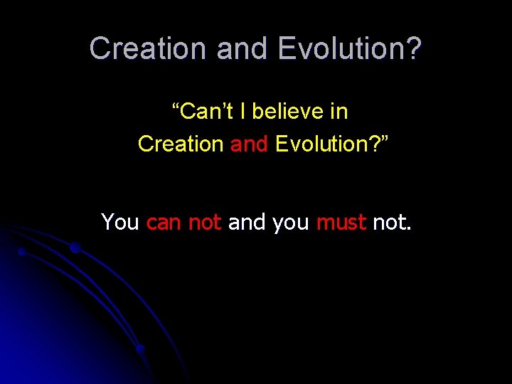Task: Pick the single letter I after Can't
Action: click(244, 112)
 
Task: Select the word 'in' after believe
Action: click(338, 112)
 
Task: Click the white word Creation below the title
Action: click(181, 144)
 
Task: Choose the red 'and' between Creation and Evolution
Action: click(249, 144)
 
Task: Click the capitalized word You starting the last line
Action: click(120, 223)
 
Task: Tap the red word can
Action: click(164, 223)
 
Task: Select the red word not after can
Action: click(205, 223)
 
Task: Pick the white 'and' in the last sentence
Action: click(246, 223)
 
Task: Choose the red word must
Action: click(341, 223)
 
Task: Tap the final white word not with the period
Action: click(392, 223)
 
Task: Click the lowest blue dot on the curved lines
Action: click(141, 349)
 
